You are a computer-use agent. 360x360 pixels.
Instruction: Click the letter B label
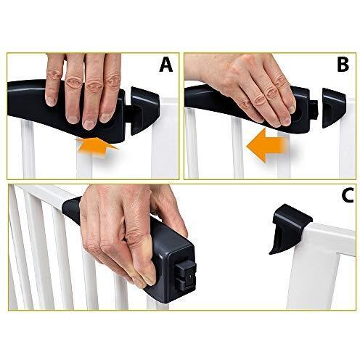pyautogui.click(x=343, y=65)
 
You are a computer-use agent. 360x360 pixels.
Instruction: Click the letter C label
pyautogui.click(x=348, y=195)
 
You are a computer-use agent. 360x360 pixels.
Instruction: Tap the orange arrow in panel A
pyautogui.click(x=97, y=147)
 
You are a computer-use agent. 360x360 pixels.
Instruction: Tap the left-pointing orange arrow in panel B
pyautogui.click(x=266, y=145)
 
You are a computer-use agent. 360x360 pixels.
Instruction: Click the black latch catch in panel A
pyautogui.click(x=144, y=110)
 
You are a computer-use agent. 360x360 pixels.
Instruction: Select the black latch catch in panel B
pyautogui.click(x=333, y=107)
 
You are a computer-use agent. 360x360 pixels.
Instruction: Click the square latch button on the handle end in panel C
pyautogui.click(x=186, y=277)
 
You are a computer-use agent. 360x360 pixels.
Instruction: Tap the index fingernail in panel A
pyautogui.click(x=51, y=100)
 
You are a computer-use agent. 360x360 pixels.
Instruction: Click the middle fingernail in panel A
pyautogui.click(x=73, y=119)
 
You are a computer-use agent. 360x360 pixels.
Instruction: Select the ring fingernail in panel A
pyautogui.click(x=89, y=124)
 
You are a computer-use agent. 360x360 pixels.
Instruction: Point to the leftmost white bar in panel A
pyautogui.click(x=28, y=150)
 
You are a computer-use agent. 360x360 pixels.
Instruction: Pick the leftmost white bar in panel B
pyautogui.click(x=192, y=144)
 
